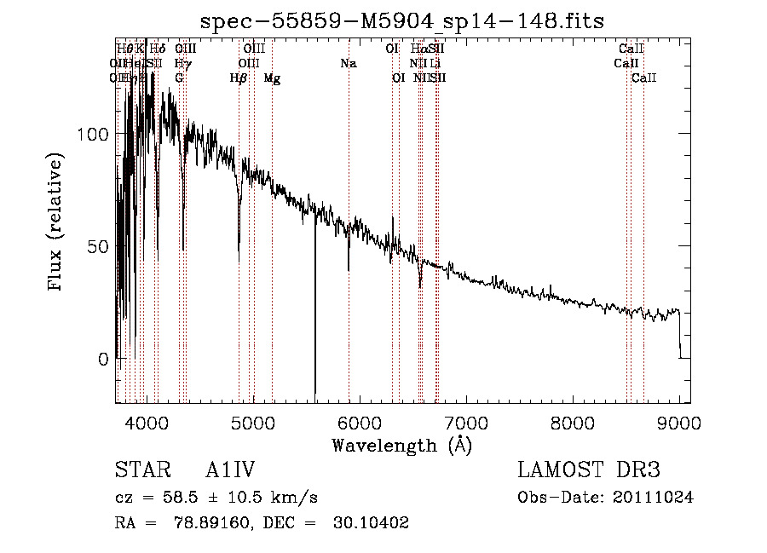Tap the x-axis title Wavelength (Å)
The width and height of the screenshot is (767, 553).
pos(401,445)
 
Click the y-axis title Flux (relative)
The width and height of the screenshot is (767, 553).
pos(57,223)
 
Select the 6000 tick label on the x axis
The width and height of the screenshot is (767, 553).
pos(359,423)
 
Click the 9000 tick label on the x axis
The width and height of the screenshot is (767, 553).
pos(679,423)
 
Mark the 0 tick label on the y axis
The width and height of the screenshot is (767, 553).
pos(103,359)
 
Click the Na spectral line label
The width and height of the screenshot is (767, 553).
pos(348,64)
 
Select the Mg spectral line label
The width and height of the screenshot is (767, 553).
pos(272,78)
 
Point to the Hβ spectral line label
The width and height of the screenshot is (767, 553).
pos(239,78)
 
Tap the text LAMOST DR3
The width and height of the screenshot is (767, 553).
pos(589,470)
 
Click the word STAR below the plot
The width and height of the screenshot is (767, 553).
pos(141,470)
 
